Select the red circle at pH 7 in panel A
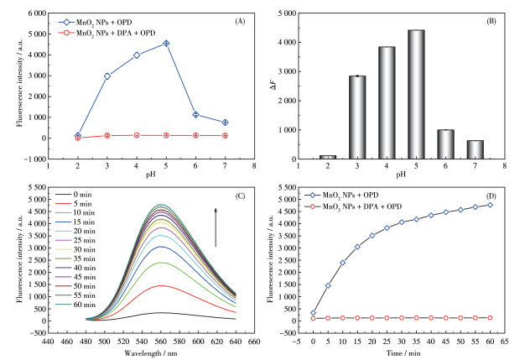(225, 135)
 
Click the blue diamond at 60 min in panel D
(491, 205)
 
